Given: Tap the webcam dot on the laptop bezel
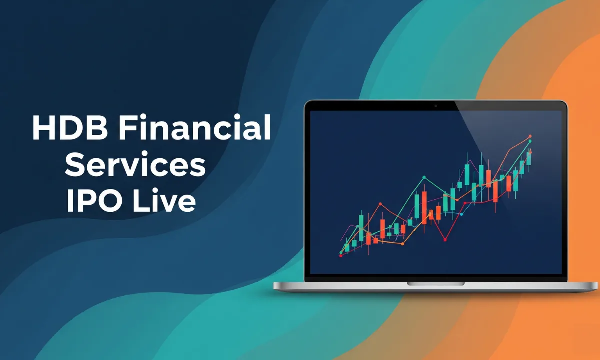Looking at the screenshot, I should click(x=436, y=106).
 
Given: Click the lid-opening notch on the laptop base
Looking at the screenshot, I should click(x=435, y=283).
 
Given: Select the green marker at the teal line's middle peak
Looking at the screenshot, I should click(x=424, y=177).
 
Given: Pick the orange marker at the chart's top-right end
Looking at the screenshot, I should click(x=530, y=136).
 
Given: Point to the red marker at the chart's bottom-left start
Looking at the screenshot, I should click(x=341, y=255).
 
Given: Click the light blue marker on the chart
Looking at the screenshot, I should click(x=462, y=214).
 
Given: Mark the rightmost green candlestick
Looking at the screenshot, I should click(x=528, y=159).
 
